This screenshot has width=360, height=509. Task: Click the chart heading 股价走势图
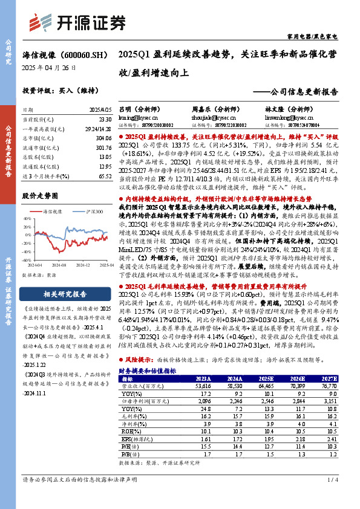pos(40,196)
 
